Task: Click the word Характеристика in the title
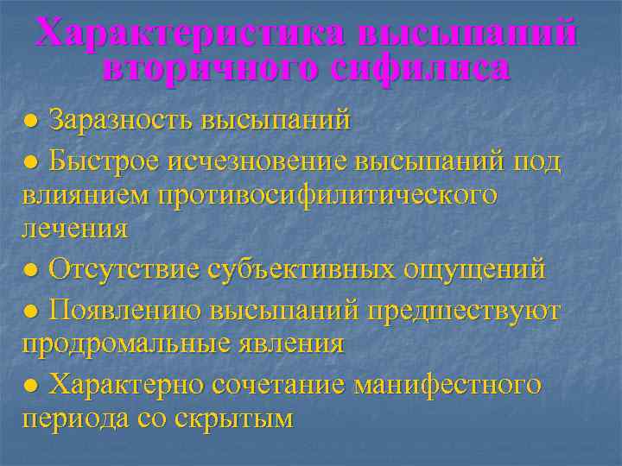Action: coord(191,35)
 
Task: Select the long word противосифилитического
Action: coord(327,195)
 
